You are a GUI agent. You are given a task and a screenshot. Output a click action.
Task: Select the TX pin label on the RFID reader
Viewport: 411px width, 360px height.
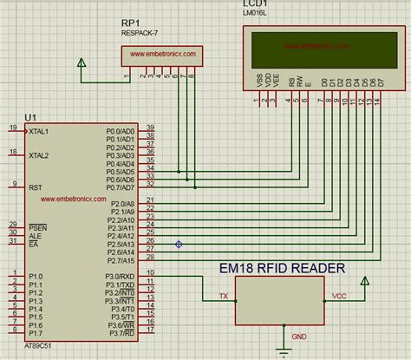tap(223, 296)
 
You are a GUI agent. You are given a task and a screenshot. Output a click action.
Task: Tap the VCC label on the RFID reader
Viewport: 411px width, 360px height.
tap(339, 296)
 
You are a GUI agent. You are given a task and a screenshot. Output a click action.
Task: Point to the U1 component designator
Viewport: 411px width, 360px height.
tap(31, 116)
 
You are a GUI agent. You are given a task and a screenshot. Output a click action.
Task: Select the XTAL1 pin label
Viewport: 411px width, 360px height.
tap(40, 131)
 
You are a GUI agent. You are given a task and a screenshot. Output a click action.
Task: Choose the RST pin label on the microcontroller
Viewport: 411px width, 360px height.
tap(36, 187)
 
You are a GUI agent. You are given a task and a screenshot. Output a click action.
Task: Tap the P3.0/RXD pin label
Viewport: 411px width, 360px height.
tap(120, 275)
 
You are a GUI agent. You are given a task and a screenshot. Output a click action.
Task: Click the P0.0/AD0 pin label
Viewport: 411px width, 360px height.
tap(121, 131)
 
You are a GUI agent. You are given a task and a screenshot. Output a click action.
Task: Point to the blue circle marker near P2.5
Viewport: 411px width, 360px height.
tap(179, 244)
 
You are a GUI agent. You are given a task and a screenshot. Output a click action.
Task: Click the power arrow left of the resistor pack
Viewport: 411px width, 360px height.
tap(82, 63)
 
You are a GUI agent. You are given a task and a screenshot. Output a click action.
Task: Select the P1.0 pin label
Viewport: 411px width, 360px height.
tap(36, 275)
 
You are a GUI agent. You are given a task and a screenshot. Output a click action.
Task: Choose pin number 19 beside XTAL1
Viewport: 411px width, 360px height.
tap(12, 128)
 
